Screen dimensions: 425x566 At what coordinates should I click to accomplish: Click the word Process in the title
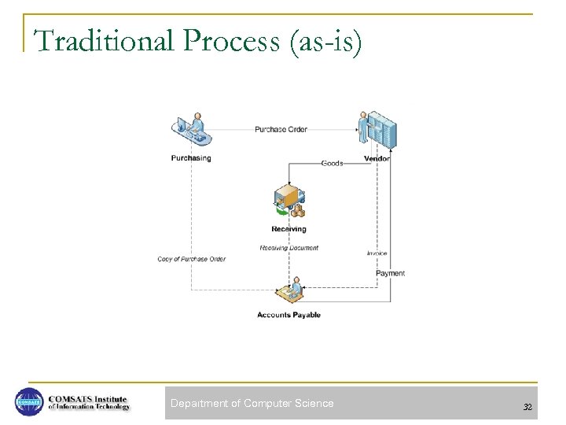pyautogui.click(x=232, y=42)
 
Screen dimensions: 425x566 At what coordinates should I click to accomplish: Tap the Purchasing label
pyautogui.click(x=191, y=158)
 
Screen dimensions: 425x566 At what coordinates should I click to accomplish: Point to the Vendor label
pyautogui.click(x=377, y=158)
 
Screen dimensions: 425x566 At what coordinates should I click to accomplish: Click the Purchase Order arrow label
pyautogui.click(x=281, y=129)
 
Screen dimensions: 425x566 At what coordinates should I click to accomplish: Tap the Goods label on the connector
pyautogui.click(x=332, y=163)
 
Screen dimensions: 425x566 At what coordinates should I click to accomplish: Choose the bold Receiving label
pyautogui.click(x=289, y=229)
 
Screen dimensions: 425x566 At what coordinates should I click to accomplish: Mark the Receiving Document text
pyautogui.click(x=289, y=248)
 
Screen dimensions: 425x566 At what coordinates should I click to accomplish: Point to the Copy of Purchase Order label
pyautogui.click(x=191, y=259)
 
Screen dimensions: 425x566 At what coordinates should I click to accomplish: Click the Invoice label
pyautogui.click(x=377, y=253)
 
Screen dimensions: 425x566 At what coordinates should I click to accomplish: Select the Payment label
pyautogui.click(x=390, y=273)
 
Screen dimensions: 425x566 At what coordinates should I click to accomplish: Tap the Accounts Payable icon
pyautogui.click(x=289, y=292)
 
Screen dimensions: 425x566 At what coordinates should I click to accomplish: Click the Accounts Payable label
pyautogui.click(x=289, y=315)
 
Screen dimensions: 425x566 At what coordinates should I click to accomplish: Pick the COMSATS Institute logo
pyautogui.click(x=72, y=402)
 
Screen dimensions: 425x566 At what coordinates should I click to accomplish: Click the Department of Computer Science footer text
pyautogui.click(x=252, y=403)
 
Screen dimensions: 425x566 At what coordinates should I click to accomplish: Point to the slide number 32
pyautogui.click(x=527, y=407)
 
